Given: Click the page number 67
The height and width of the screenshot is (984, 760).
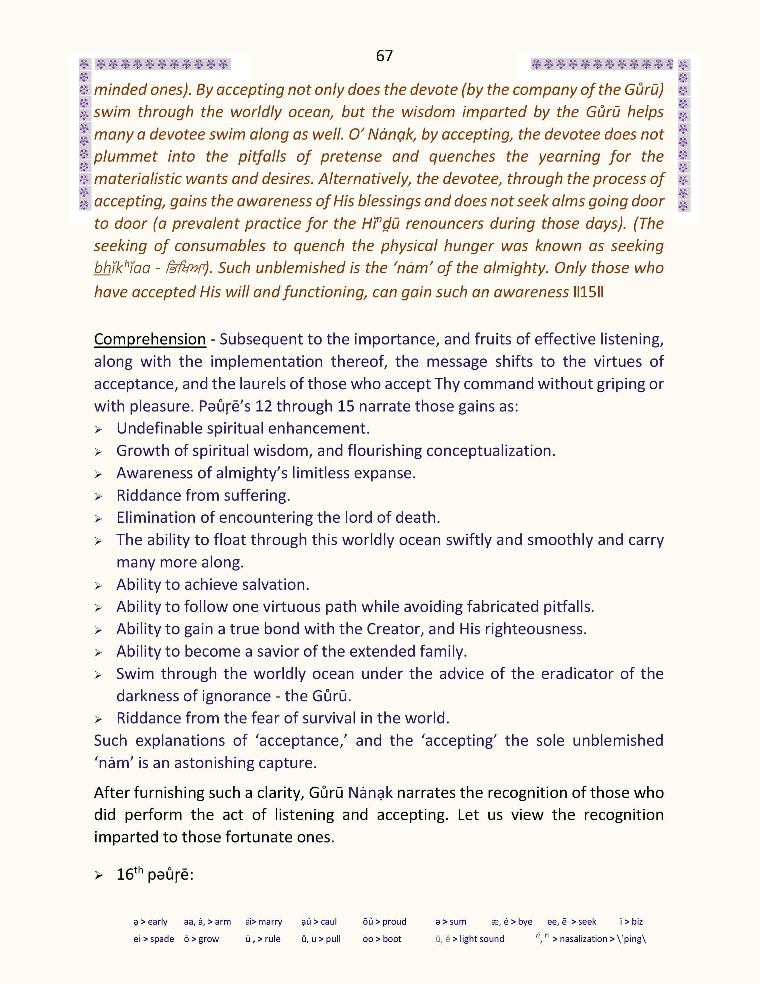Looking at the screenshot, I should pyautogui.click(x=384, y=56).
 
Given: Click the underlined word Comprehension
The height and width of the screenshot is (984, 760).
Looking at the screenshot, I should pyautogui.click(x=150, y=339).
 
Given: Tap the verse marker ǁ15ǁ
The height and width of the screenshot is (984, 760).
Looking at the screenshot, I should pyautogui.click(x=588, y=293).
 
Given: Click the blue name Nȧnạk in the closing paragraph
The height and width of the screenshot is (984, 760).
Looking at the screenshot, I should pyautogui.click(x=370, y=793).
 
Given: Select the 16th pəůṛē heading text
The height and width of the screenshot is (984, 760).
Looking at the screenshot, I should pyautogui.click(x=155, y=875).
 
